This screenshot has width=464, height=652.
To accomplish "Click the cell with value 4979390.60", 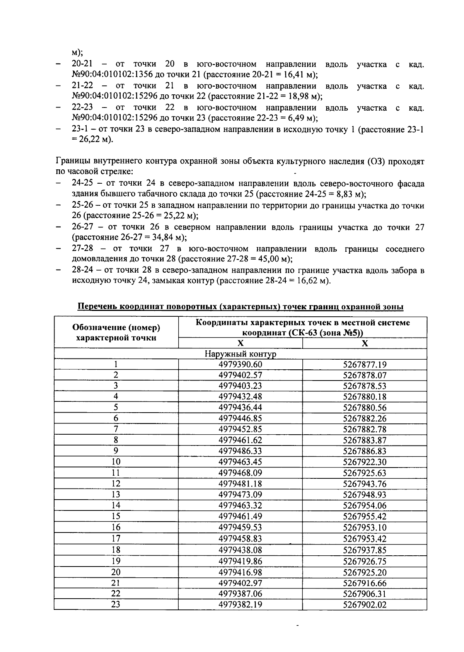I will click(x=240, y=364).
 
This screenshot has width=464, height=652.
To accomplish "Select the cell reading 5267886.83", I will click(x=365, y=451).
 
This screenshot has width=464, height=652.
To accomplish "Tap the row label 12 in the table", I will click(x=116, y=483).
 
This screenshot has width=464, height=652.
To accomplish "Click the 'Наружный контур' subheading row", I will click(x=240, y=354).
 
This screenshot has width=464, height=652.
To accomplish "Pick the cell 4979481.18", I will click(x=240, y=483).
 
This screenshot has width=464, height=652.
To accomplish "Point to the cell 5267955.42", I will click(x=365, y=516).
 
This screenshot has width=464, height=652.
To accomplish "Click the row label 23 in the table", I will click(x=116, y=604).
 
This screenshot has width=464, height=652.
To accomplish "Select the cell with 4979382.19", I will click(x=240, y=604).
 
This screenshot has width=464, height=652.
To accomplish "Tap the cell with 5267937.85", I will click(x=365, y=550).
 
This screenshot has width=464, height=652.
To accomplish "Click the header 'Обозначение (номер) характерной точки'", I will click(x=116, y=333).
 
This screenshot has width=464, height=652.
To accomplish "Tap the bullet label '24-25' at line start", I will click(x=82, y=183).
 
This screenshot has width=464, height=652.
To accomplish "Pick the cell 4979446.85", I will click(x=240, y=418).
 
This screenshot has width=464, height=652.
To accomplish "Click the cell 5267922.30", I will click(x=365, y=462).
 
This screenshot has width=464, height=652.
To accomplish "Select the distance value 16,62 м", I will click(x=313, y=280).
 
